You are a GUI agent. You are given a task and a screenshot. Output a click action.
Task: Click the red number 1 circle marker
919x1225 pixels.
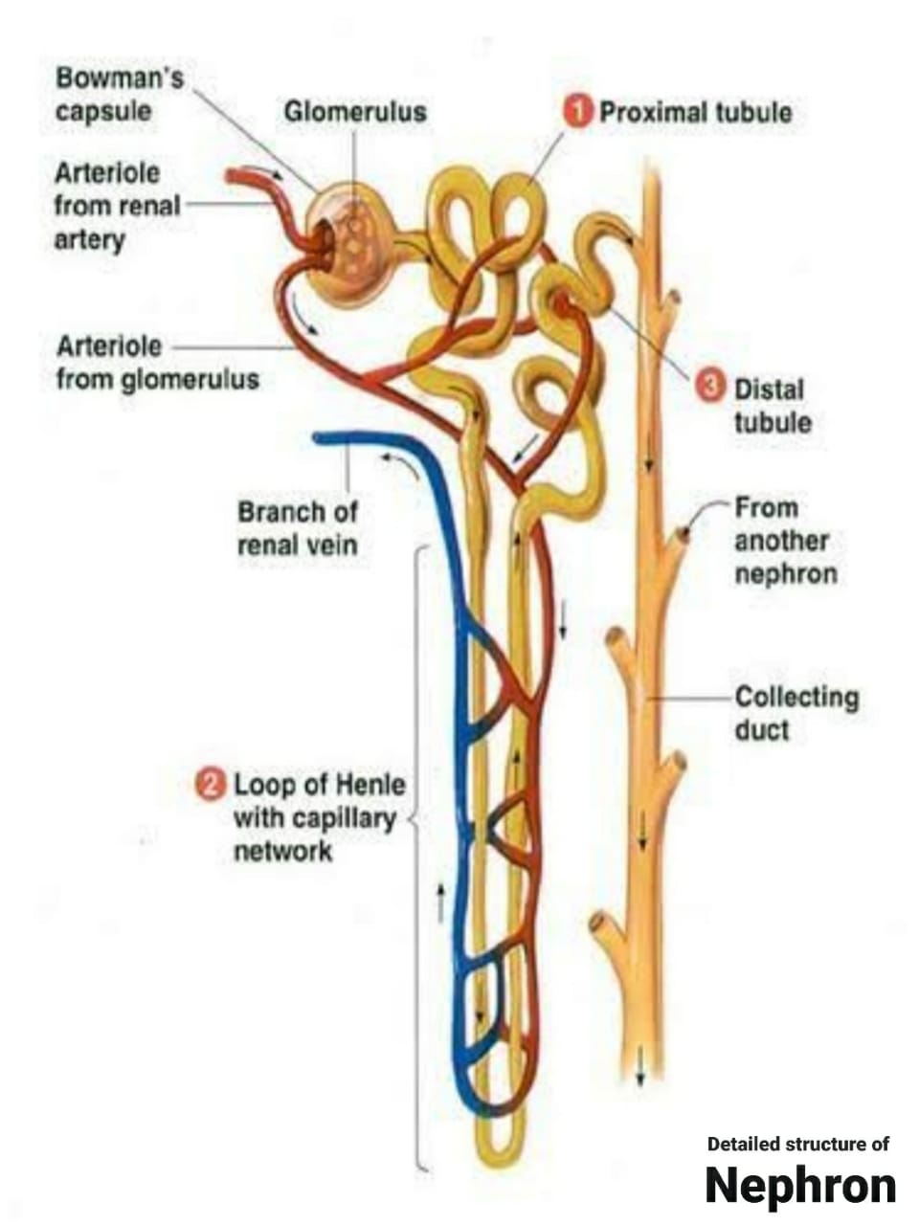pyautogui.click(x=577, y=111)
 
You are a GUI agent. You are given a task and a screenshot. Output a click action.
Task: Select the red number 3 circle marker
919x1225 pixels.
pyautogui.click(x=709, y=387)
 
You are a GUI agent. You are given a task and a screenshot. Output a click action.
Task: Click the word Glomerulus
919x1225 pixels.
pyautogui.click(x=354, y=112)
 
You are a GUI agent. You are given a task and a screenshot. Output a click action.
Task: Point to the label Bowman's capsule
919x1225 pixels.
pyautogui.click(x=119, y=93)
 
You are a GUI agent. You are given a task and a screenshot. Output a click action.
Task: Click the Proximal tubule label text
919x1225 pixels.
pyautogui.click(x=695, y=112)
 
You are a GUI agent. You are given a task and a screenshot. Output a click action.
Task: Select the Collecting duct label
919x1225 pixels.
pyautogui.click(x=796, y=713)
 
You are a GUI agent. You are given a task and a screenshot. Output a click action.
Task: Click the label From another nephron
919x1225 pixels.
pyautogui.click(x=785, y=541)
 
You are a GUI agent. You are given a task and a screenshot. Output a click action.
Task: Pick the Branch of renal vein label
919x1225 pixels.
pyautogui.click(x=297, y=528)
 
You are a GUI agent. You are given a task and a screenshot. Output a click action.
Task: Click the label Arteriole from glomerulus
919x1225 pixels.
pyautogui.click(x=157, y=362)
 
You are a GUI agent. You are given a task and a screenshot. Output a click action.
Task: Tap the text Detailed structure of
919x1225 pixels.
pyautogui.click(x=797, y=1143)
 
